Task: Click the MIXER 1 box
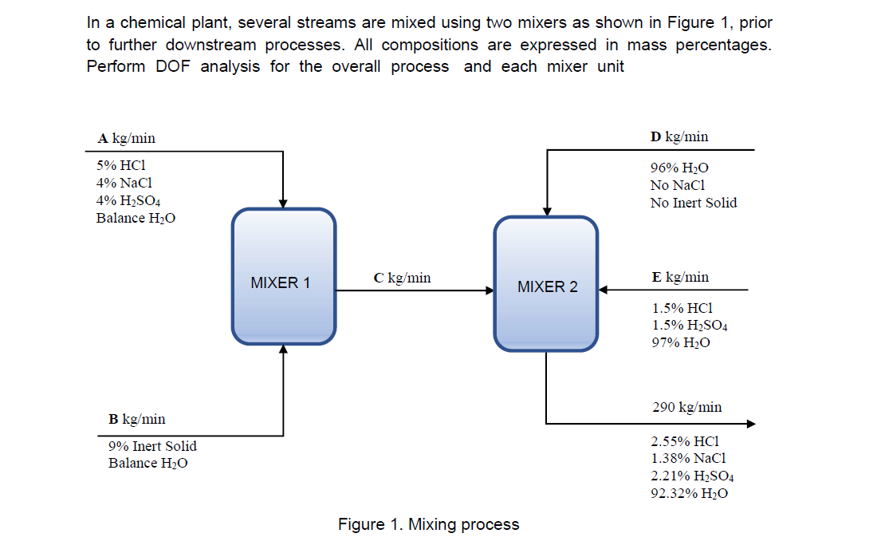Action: [x=283, y=277]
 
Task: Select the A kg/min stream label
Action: [x=126, y=138]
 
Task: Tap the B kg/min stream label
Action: [x=137, y=419]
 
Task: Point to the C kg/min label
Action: [x=402, y=278]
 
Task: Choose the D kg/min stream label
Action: [x=679, y=136]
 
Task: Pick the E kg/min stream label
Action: [x=679, y=277]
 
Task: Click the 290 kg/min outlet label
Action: [x=686, y=407]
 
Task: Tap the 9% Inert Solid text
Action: [x=152, y=446]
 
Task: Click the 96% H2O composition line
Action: [x=679, y=168]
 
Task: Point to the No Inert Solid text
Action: [x=694, y=203]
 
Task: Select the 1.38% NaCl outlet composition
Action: [x=688, y=458]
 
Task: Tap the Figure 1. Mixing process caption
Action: [x=428, y=524]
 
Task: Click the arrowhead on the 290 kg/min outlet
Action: [x=749, y=424]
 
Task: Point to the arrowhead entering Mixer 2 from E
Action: [x=604, y=290]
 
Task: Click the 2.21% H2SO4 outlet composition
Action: [x=692, y=476]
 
